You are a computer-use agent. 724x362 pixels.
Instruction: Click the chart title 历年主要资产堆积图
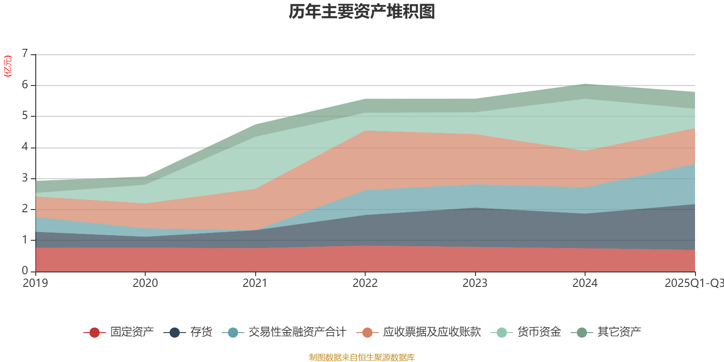point(362,12)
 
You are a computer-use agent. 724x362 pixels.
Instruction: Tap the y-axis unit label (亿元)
point(8,66)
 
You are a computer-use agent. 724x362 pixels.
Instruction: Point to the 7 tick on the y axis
point(25,54)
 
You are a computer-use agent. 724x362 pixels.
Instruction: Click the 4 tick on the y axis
point(25,147)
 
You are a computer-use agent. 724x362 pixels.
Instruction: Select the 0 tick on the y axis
point(25,271)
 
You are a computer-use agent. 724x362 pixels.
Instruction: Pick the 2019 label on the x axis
point(35,283)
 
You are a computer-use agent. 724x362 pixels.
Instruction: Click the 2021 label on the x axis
point(255,283)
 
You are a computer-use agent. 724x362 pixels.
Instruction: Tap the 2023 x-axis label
point(475,283)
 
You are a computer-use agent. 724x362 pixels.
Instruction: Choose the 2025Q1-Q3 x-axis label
point(694,283)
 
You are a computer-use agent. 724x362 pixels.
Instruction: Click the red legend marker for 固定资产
point(95,333)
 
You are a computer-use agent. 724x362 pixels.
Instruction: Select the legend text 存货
point(201,332)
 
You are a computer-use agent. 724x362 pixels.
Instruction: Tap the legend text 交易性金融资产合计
point(297,332)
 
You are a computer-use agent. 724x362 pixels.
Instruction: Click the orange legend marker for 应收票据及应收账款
point(367,333)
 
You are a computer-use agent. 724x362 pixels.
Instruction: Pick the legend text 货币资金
point(539,332)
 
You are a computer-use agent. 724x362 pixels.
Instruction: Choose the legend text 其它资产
point(619,332)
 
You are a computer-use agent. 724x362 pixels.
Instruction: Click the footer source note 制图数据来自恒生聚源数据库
point(362,357)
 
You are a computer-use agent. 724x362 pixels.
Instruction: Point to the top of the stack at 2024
point(585,84)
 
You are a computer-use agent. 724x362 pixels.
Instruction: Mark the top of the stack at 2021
point(255,124)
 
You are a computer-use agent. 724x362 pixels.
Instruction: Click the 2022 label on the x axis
point(365,283)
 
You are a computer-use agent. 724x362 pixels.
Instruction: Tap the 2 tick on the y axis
point(25,209)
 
